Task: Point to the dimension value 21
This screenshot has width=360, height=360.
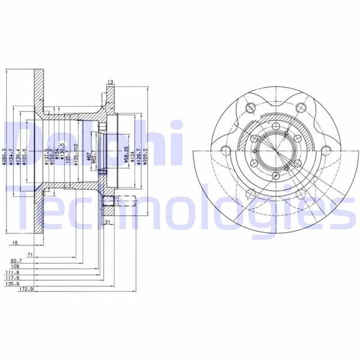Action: [x=108, y=222]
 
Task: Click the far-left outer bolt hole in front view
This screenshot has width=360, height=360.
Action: [x=226, y=151]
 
